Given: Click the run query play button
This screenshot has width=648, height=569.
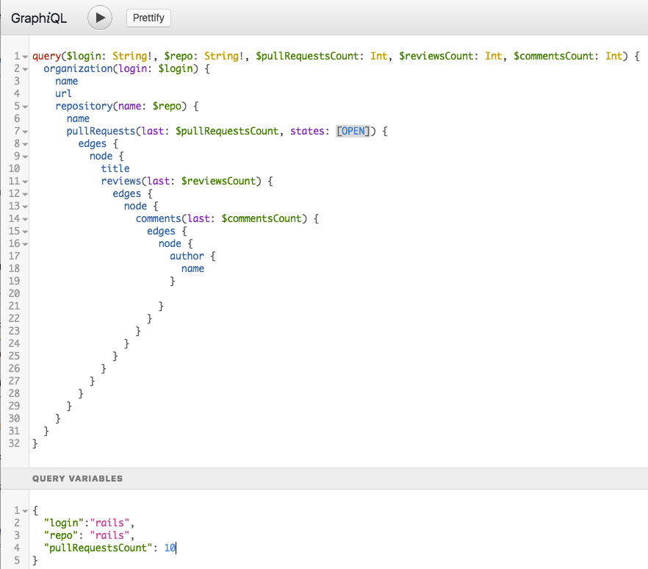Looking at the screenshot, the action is click(100, 18).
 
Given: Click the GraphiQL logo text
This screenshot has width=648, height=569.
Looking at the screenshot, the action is click(39, 18).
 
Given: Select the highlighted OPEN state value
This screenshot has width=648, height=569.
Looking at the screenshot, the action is click(353, 131).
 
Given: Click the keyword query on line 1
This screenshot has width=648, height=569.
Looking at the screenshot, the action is click(47, 56).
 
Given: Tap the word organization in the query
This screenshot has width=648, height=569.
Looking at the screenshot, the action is click(78, 68).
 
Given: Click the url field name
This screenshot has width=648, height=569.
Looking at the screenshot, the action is click(63, 93).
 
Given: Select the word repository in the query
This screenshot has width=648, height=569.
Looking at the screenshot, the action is click(84, 107).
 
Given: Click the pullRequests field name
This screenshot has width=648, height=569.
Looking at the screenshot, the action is click(101, 131).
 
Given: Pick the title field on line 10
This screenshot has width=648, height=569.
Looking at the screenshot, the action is click(115, 169).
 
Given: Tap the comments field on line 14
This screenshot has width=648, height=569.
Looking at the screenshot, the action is click(158, 219).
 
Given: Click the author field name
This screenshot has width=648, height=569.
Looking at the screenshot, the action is click(187, 257).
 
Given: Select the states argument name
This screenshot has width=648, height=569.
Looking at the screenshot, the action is click(307, 131).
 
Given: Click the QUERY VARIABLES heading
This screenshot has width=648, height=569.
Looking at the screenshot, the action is click(78, 479).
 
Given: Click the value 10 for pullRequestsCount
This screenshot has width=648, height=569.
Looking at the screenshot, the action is click(170, 548).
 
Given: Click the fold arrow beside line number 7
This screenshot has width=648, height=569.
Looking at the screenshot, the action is click(25, 132).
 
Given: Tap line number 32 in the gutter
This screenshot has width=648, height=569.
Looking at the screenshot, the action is click(14, 443).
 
